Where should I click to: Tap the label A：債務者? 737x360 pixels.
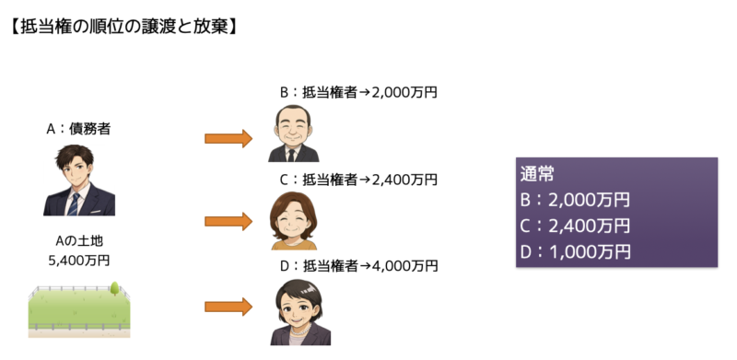click(x=77, y=129)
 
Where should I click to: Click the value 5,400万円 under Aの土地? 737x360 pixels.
click(x=78, y=260)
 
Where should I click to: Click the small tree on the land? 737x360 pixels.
click(x=115, y=288)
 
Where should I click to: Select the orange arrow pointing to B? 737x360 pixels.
click(x=228, y=138)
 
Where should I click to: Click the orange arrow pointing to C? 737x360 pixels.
click(x=228, y=221)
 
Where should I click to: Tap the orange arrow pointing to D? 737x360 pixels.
click(x=228, y=306)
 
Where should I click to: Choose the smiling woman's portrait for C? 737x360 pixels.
click(x=294, y=220)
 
